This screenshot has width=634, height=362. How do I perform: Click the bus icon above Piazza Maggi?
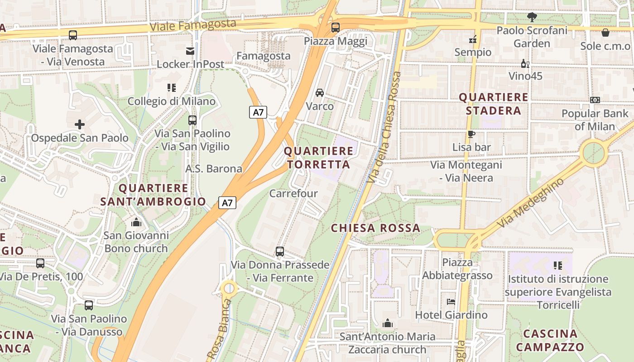[x=335, y=28]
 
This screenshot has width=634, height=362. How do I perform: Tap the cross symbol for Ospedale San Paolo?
[x=80, y=124]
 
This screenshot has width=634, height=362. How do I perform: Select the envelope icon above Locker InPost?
[x=190, y=51]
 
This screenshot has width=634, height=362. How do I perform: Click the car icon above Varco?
[x=320, y=93]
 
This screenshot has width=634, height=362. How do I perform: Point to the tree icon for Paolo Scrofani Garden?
[x=532, y=17]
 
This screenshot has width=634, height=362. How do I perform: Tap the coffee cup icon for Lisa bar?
[x=471, y=134]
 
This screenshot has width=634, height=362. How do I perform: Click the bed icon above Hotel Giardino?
[x=451, y=302]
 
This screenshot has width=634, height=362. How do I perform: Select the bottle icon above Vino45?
[x=525, y=63]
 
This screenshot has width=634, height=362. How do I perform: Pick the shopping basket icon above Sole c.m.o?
[x=605, y=33]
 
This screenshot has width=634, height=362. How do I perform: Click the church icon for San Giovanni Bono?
[x=136, y=222]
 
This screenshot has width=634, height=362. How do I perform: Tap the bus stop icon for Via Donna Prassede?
[x=280, y=252]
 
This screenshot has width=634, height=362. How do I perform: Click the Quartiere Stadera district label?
[x=494, y=104]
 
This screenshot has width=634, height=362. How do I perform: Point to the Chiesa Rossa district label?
[x=375, y=228]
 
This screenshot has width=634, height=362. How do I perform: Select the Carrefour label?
[x=293, y=194]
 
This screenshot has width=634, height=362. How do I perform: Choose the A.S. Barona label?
[x=214, y=169]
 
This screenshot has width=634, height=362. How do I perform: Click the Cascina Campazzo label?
[x=550, y=341]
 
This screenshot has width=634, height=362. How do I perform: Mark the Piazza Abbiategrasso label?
[x=457, y=269]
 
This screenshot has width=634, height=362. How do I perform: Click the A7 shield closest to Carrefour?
[x=227, y=203]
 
